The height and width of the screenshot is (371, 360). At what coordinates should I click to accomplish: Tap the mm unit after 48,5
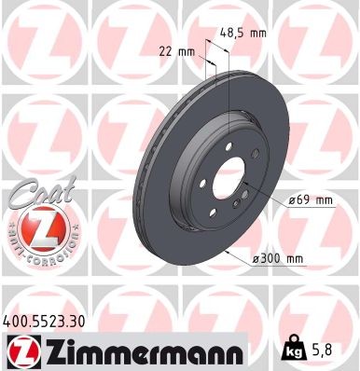point(257,33)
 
